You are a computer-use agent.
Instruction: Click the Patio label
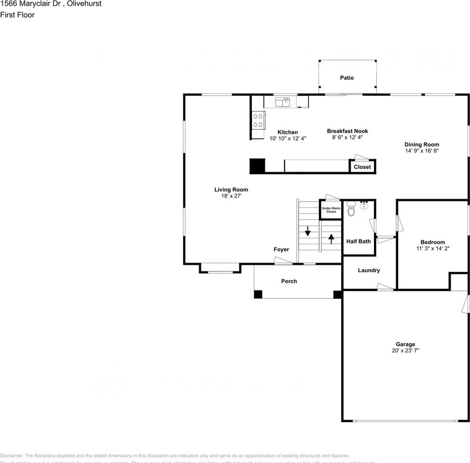[x=346, y=78]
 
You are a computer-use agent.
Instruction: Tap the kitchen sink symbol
[x=282, y=101]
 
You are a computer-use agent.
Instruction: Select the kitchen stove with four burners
[x=258, y=120]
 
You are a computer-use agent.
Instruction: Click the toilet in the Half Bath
[x=351, y=210]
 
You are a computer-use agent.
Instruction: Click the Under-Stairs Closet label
[x=331, y=210]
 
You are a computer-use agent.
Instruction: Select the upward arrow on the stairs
[x=331, y=238]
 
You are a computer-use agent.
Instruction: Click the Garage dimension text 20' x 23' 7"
[x=405, y=351]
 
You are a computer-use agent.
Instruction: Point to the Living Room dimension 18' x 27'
[x=231, y=196]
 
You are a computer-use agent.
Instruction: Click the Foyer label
[x=281, y=249]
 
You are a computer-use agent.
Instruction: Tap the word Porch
[x=289, y=281]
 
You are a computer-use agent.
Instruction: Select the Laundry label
[x=369, y=271]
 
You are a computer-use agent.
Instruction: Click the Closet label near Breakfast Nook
[x=362, y=167]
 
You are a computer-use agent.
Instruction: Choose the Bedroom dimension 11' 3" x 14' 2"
[x=432, y=248]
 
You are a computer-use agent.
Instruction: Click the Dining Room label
[x=422, y=144]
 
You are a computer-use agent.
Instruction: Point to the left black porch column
[x=258, y=294]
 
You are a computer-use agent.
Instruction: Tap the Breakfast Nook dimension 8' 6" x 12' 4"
[x=347, y=137]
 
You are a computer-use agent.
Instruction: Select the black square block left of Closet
[x=257, y=165]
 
